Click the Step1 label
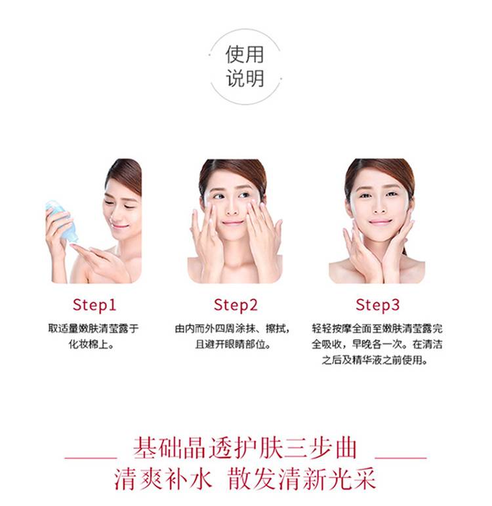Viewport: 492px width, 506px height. (94, 305)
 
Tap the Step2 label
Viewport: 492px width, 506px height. (236, 305)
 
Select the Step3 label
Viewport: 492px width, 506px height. (378, 305)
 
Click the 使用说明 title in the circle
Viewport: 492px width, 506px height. (245, 66)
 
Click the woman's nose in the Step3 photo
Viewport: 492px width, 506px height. (379, 208)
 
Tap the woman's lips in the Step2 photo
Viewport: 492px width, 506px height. (232, 223)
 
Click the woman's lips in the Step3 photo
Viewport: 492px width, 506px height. (380, 222)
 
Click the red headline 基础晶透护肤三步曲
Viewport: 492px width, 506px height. (245, 448)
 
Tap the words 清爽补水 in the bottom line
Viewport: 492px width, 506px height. (163, 479)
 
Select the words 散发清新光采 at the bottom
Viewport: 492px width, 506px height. (301, 479)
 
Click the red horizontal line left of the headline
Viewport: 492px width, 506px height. (91, 457)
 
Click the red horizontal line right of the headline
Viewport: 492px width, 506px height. (401, 457)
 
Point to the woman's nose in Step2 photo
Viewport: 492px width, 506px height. (232, 208)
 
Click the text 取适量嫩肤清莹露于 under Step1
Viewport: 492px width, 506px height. (93, 328)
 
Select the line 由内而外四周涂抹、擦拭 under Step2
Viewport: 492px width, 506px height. (232, 328)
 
